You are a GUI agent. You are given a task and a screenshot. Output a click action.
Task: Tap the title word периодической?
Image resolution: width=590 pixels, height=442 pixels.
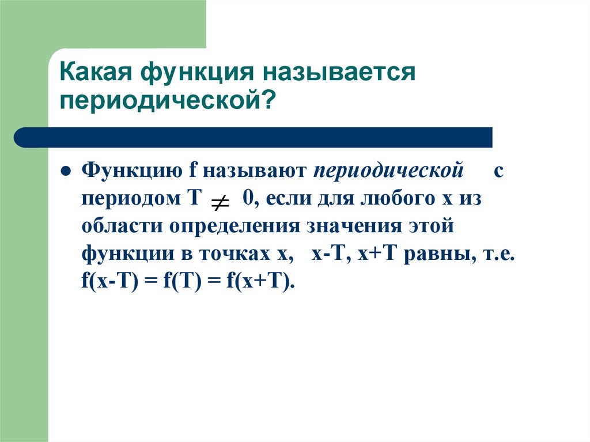(167, 103)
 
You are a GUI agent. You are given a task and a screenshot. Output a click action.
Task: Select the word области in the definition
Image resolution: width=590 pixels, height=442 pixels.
(121, 226)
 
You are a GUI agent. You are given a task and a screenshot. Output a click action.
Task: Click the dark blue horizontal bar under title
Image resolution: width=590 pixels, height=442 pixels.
(254, 137)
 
